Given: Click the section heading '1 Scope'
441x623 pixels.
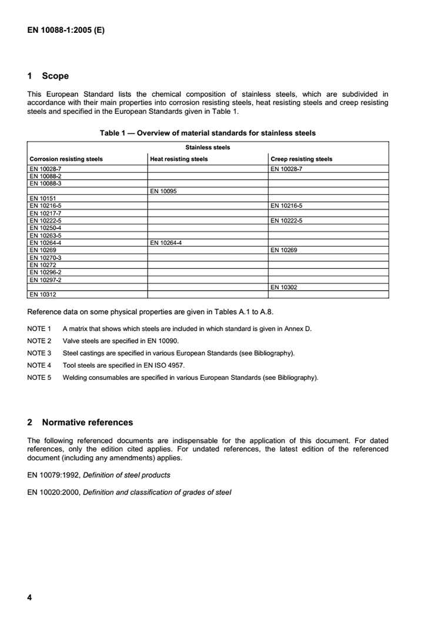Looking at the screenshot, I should pos(48,76).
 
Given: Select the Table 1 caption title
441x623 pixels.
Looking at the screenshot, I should pos(208,133).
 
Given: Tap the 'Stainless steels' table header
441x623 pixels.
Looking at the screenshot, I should pos(208,147).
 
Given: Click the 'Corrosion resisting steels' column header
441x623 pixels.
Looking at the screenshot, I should pos(66,159).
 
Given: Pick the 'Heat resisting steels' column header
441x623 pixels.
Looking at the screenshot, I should pos(179,159).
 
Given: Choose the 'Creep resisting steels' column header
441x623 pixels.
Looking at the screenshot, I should pos(302,159).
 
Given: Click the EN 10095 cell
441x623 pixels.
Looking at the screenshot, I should pos(163,191).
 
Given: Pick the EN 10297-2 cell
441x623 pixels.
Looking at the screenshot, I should pos(45,279).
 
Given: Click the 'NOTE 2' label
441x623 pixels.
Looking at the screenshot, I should pos(39,341).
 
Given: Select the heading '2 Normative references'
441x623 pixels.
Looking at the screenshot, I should pos(80,422).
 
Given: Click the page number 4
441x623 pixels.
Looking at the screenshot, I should pos(29,597).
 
